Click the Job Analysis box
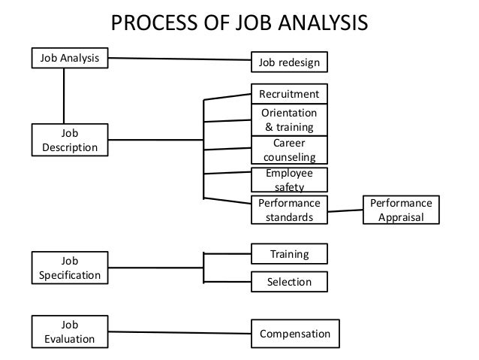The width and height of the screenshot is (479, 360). [x=69, y=57]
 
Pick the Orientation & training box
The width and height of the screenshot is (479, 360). [x=289, y=120]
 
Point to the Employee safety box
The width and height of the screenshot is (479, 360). [x=289, y=179]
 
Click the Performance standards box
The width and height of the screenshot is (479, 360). [x=289, y=210]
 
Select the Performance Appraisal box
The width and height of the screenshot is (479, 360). [x=402, y=210]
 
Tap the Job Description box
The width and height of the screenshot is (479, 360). [x=69, y=140]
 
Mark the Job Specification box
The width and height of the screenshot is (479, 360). [x=69, y=269]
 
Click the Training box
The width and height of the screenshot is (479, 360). [x=289, y=254]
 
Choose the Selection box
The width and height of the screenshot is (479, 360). [x=289, y=282]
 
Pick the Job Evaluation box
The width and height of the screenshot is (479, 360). [x=69, y=332]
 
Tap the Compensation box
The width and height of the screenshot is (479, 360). [x=294, y=332]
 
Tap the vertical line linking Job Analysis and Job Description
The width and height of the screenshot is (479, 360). [x=63, y=95]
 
